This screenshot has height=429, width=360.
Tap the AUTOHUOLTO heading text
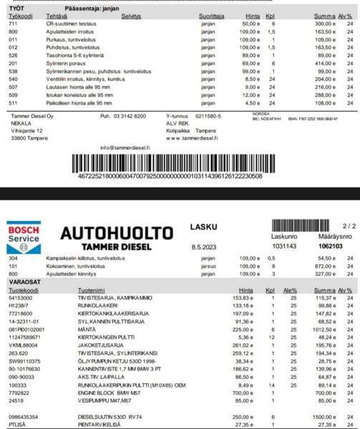[117, 233]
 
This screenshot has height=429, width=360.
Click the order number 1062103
[330, 245]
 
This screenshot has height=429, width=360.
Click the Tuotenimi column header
[91, 290]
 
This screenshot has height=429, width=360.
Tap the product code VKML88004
[23, 345]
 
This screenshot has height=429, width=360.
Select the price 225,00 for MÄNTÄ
[245, 330]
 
